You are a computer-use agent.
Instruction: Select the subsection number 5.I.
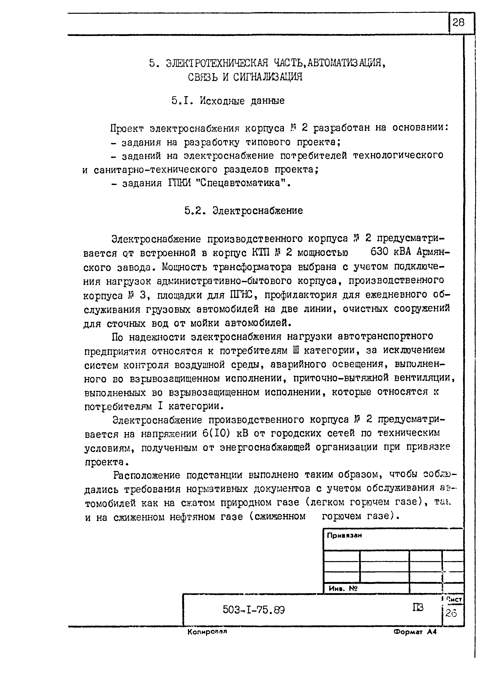coord(180,101)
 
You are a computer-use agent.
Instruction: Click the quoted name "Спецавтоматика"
coord(240,183)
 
